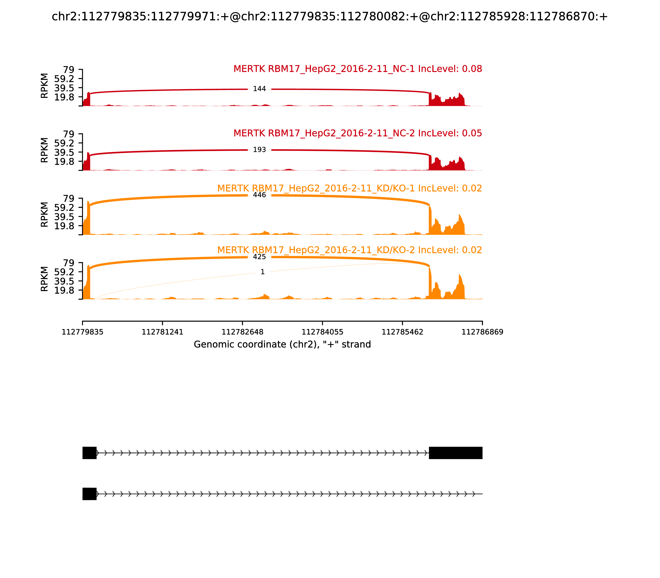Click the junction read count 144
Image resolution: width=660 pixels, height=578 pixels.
click(259, 89)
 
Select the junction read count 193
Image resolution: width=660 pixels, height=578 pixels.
click(259, 150)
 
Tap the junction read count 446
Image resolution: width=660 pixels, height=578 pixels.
click(259, 195)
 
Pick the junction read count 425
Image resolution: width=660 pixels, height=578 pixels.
click(259, 257)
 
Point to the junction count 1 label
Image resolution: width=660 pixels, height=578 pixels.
click(262, 272)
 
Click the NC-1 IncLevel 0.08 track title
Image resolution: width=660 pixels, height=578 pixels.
click(357, 69)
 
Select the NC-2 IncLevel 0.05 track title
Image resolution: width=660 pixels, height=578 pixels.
click(357, 133)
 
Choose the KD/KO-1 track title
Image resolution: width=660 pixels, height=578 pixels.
click(349, 188)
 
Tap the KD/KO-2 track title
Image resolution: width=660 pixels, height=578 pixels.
click(349, 250)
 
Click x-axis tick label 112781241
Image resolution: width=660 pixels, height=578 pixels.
click(163, 332)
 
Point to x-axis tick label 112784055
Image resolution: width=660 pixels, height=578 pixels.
click(322, 332)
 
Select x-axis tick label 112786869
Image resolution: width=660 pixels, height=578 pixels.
click(482, 332)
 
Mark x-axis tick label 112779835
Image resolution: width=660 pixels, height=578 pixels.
click(82, 332)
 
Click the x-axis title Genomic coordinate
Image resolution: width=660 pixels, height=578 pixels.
click(282, 345)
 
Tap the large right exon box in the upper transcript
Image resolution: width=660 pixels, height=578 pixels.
click(455, 453)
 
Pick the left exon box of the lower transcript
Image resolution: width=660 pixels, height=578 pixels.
click(90, 494)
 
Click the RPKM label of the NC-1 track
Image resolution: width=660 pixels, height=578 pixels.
click(45, 86)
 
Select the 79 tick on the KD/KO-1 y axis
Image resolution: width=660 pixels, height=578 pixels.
click(68, 198)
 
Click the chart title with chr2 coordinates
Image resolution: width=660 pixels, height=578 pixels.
click(330, 17)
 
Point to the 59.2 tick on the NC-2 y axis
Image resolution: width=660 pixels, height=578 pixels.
click(64, 143)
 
